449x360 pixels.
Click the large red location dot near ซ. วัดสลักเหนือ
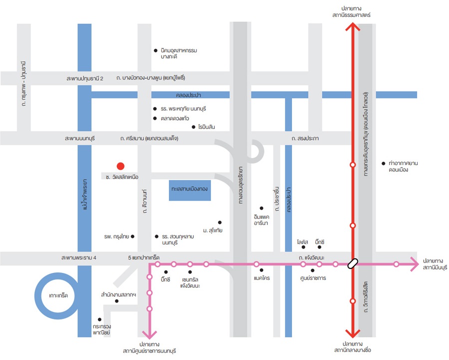120,166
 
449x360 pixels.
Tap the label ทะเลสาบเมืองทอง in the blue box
189,189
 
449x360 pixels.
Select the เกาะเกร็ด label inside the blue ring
58,295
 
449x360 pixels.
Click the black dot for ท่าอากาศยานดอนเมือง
383,163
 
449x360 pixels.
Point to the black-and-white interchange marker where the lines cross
353,263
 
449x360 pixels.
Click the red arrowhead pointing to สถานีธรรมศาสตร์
353,27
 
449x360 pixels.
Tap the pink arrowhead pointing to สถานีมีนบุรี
414,264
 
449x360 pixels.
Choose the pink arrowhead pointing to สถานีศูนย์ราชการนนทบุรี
149,334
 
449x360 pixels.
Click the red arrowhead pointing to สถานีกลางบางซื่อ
353,333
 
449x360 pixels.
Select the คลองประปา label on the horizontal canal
188,95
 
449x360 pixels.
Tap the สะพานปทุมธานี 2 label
85,78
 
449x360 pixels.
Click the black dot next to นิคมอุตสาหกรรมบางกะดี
156,50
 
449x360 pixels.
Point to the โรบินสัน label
206,127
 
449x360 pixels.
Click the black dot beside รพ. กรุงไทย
132,236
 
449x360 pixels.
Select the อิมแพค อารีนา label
261,220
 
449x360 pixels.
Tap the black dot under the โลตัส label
303,247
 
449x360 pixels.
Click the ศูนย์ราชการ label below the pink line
313,278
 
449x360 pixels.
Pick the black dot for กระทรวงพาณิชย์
99,319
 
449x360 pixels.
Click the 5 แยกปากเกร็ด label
143,258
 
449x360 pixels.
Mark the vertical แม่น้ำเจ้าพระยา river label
84,194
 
